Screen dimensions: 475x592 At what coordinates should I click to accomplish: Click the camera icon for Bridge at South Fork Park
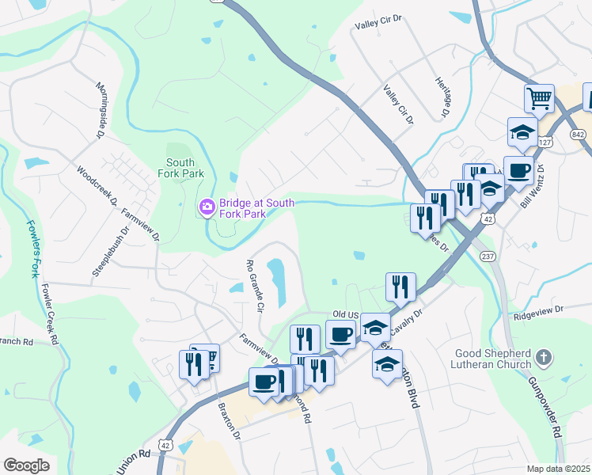[207, 207]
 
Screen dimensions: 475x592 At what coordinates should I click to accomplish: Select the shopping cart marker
[538, 99]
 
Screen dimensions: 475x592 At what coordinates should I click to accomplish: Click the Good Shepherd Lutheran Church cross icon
[543, 357]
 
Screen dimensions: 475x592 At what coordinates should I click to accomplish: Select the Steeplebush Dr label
[109, 253]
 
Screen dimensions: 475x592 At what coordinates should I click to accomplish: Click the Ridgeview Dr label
[538, 310]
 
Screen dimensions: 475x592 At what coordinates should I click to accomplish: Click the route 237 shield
[488, 256]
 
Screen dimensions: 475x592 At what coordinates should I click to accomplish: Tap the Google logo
[27, 465]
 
